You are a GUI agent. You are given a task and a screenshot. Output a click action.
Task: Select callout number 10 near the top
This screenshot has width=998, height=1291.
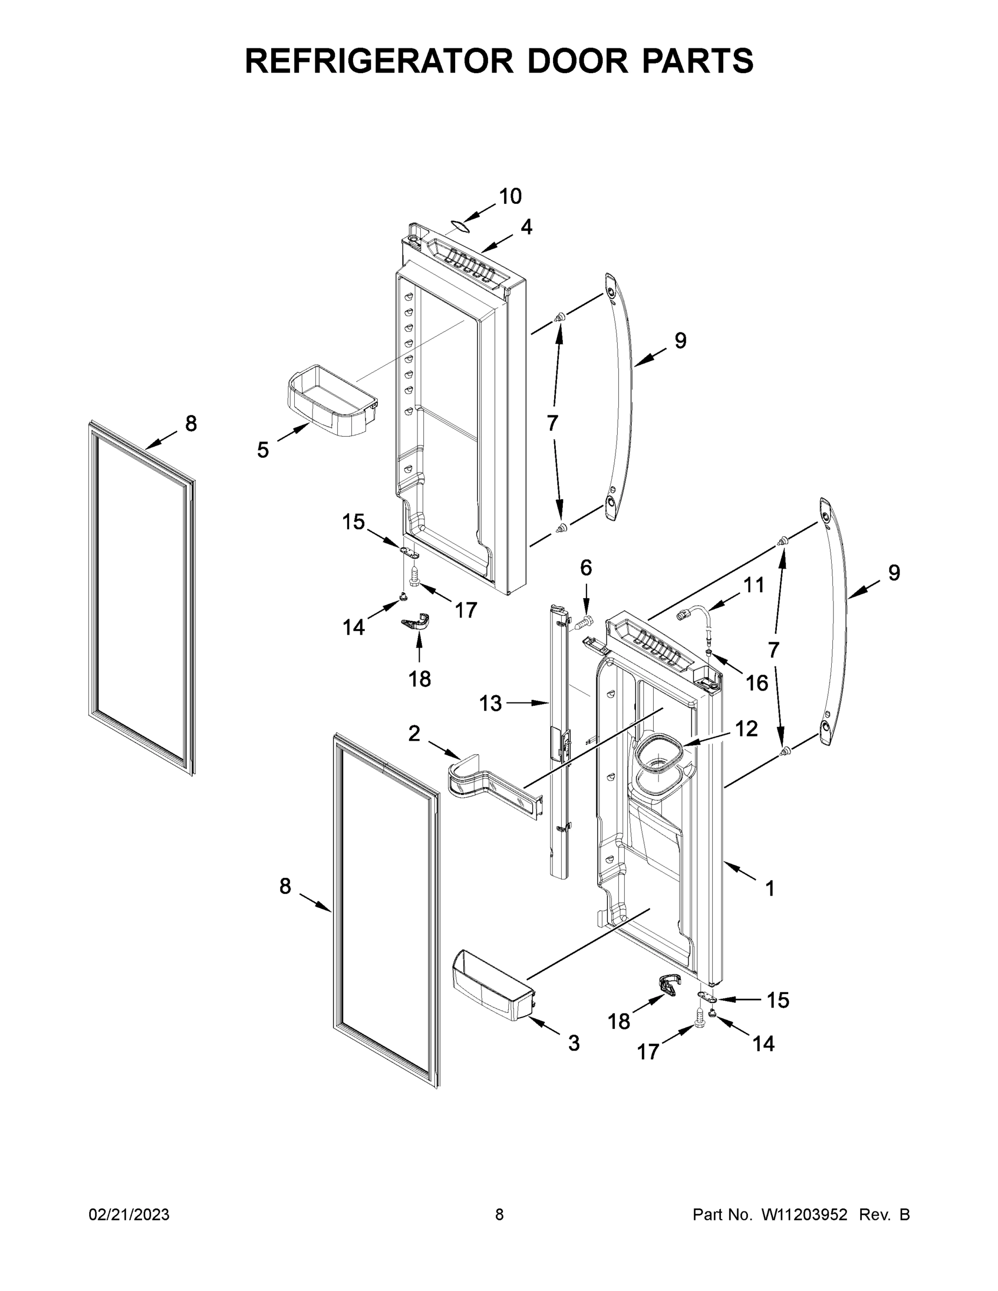pos(510,196)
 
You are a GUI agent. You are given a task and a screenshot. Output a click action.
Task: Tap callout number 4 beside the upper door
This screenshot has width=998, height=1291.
pos(526,227)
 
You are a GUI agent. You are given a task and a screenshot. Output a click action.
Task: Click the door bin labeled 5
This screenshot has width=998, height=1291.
pos(331,401)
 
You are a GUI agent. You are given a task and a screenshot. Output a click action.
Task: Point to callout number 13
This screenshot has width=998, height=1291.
pos(490,704)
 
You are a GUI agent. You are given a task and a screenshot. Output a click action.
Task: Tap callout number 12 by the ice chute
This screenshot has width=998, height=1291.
pos(746,729)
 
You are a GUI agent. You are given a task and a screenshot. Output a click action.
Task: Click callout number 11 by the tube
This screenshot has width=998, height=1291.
pos(753,585)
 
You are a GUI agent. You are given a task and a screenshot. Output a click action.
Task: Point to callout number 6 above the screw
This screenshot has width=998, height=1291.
pos(585,568)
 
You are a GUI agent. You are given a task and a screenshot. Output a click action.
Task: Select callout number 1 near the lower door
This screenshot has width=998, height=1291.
pos(770,904)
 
